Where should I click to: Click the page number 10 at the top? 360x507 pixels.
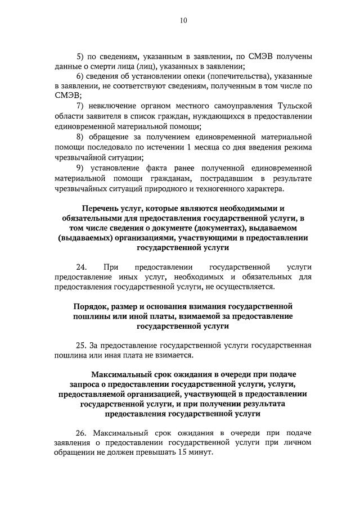[183, 21]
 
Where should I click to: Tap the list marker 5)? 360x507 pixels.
[80, 56]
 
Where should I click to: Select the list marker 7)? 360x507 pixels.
[80, 106]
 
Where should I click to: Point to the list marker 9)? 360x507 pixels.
[80, 168]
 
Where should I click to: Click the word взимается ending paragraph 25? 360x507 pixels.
[174, 355]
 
